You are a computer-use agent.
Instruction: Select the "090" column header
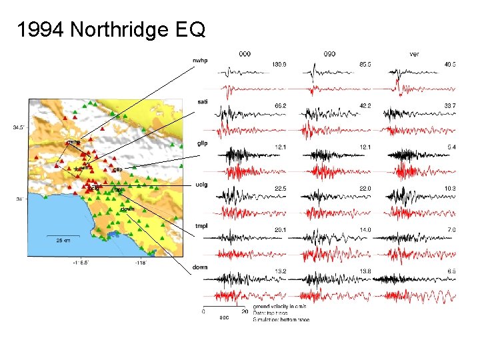click(x=329, y=53)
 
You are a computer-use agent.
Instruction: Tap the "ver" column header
click(x=415, y=53)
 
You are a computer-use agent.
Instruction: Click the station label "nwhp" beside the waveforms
click(x=200, y=61)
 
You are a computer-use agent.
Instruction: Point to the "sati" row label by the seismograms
click(x=203, y=101)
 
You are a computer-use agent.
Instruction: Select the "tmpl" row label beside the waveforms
click(x=202, y=226)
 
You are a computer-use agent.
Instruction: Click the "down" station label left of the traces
click(x=201, y=267)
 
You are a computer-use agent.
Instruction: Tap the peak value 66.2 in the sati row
click(x=280, y=105)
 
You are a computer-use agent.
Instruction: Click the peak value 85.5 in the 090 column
click(x=365, y=65)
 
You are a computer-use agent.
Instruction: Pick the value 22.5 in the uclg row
click(x=280, y=188)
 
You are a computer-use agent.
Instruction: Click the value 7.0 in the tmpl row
click(x=451, y=230)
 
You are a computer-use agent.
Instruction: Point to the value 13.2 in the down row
click(x=280, y=271)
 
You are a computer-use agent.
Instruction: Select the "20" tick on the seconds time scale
click(x=245, y=311)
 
